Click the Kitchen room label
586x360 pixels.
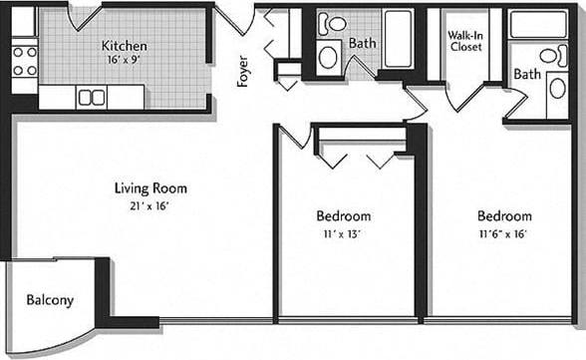coord(125,46)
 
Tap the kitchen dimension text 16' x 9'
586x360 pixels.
coord(125,60)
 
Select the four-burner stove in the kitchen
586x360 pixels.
coord(25,61)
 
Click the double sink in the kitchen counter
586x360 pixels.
coord(92,97)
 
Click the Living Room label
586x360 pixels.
coord(150,187)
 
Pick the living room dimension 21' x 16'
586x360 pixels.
coord(150,205)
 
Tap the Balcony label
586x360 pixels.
coord(50,299)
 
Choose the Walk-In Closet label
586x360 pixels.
coord(465,40)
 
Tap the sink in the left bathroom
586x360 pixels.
coord(328,56)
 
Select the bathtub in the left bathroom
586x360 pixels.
coord(398,39)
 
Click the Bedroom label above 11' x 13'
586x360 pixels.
coord(343,215)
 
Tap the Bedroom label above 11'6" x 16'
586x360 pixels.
coord(503,215)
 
